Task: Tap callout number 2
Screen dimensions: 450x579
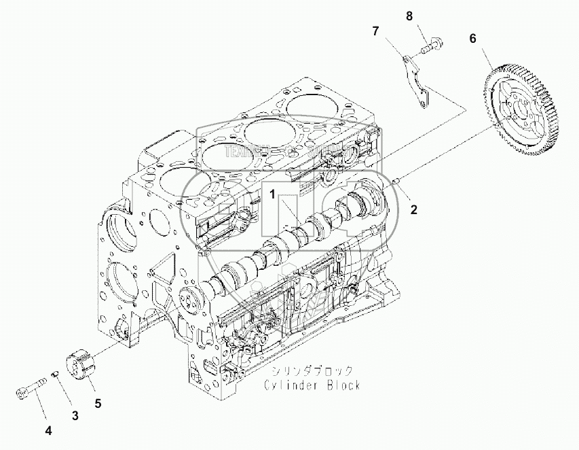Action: coord(413,209)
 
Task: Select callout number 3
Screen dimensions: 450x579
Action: coord(75,396)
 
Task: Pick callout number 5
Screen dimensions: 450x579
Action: coord(98,403)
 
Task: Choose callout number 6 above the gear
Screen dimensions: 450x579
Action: coord(472,39)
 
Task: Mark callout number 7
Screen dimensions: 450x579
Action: coord(376,31)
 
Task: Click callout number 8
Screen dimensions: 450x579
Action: coord(409,15)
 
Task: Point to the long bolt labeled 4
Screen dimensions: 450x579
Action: coord(30,389)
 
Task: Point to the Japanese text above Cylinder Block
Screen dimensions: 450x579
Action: coord(312,371)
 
